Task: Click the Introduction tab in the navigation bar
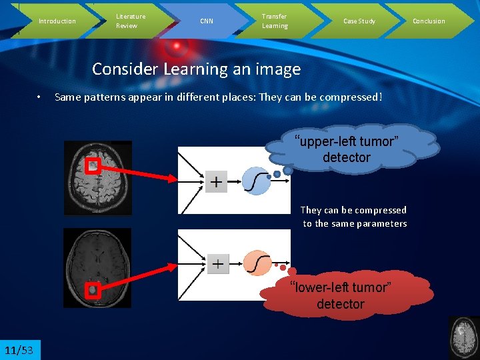click(x=57, y=21)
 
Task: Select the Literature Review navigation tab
click(x=131, y=21)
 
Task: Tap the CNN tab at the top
click(x=207, y=21)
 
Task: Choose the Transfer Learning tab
click(x=275, y=21)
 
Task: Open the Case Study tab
click(x=359, y=21)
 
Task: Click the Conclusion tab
click(x=429, y=21)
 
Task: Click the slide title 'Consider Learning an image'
click(x=196, y=69)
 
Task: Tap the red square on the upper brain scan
click(x=93, y=166)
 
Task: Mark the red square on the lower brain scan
click(x=93, y=290)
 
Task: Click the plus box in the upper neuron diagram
click(x=217, y=181)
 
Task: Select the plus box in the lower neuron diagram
click(x=217, y=264)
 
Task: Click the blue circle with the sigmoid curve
click(x=255, y=181)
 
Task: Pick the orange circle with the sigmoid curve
click(x=257, y=263)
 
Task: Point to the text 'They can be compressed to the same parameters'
click(x=354, y=217)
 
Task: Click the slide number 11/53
click(x=19, y=350)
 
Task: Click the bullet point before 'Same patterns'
click(x=40, y=97)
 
